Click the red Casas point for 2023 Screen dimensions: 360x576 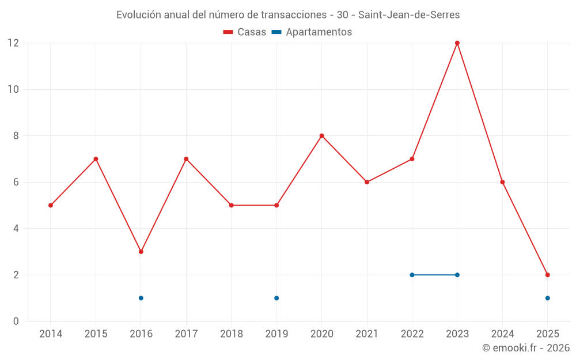click(457, 43)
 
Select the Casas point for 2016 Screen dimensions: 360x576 click(141, 252)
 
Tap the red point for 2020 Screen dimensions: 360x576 click(322, 136)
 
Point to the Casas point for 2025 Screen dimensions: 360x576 click(548, 275)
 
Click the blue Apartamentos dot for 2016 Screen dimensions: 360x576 click(141, 298)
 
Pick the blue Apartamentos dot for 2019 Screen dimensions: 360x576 click(276, 298)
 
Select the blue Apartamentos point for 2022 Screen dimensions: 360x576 click(412, 275)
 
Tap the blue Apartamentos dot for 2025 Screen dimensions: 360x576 click(548, 298)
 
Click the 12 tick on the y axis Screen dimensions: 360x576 click(13, 43)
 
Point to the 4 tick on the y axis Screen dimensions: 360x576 click(16, 229)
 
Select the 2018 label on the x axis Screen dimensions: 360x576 click(232, 334)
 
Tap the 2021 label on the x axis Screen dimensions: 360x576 click(367, 334)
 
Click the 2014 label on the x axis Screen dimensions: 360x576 click(51, 334)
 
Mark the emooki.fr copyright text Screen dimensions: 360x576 click(525, 348)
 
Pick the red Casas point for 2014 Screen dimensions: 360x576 click(51, 205)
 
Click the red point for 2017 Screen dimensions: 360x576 click(186, 159)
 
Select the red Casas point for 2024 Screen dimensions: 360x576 click(502, 182)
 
